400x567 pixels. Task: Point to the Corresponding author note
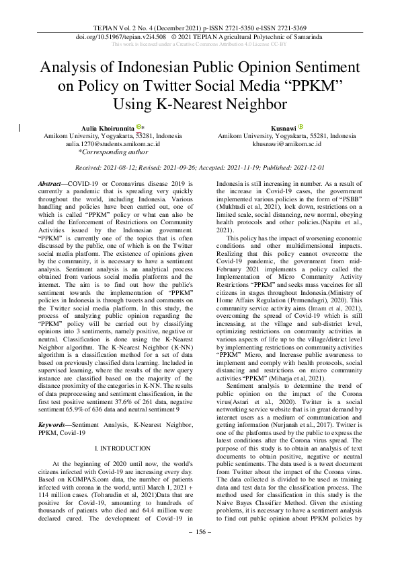tap(112, 152)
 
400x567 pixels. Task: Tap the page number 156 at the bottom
tap(200, 551)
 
